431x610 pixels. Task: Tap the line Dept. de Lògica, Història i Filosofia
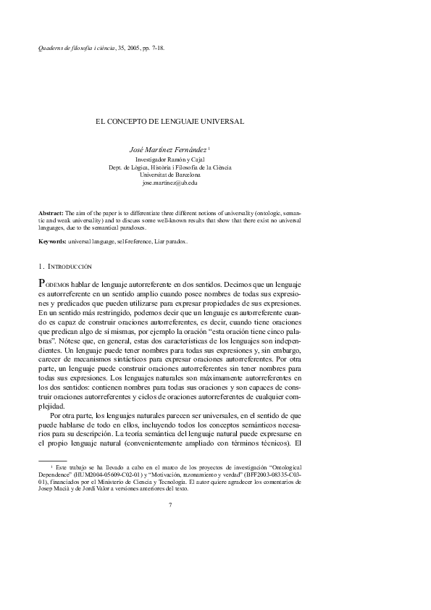tap(170, 167)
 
